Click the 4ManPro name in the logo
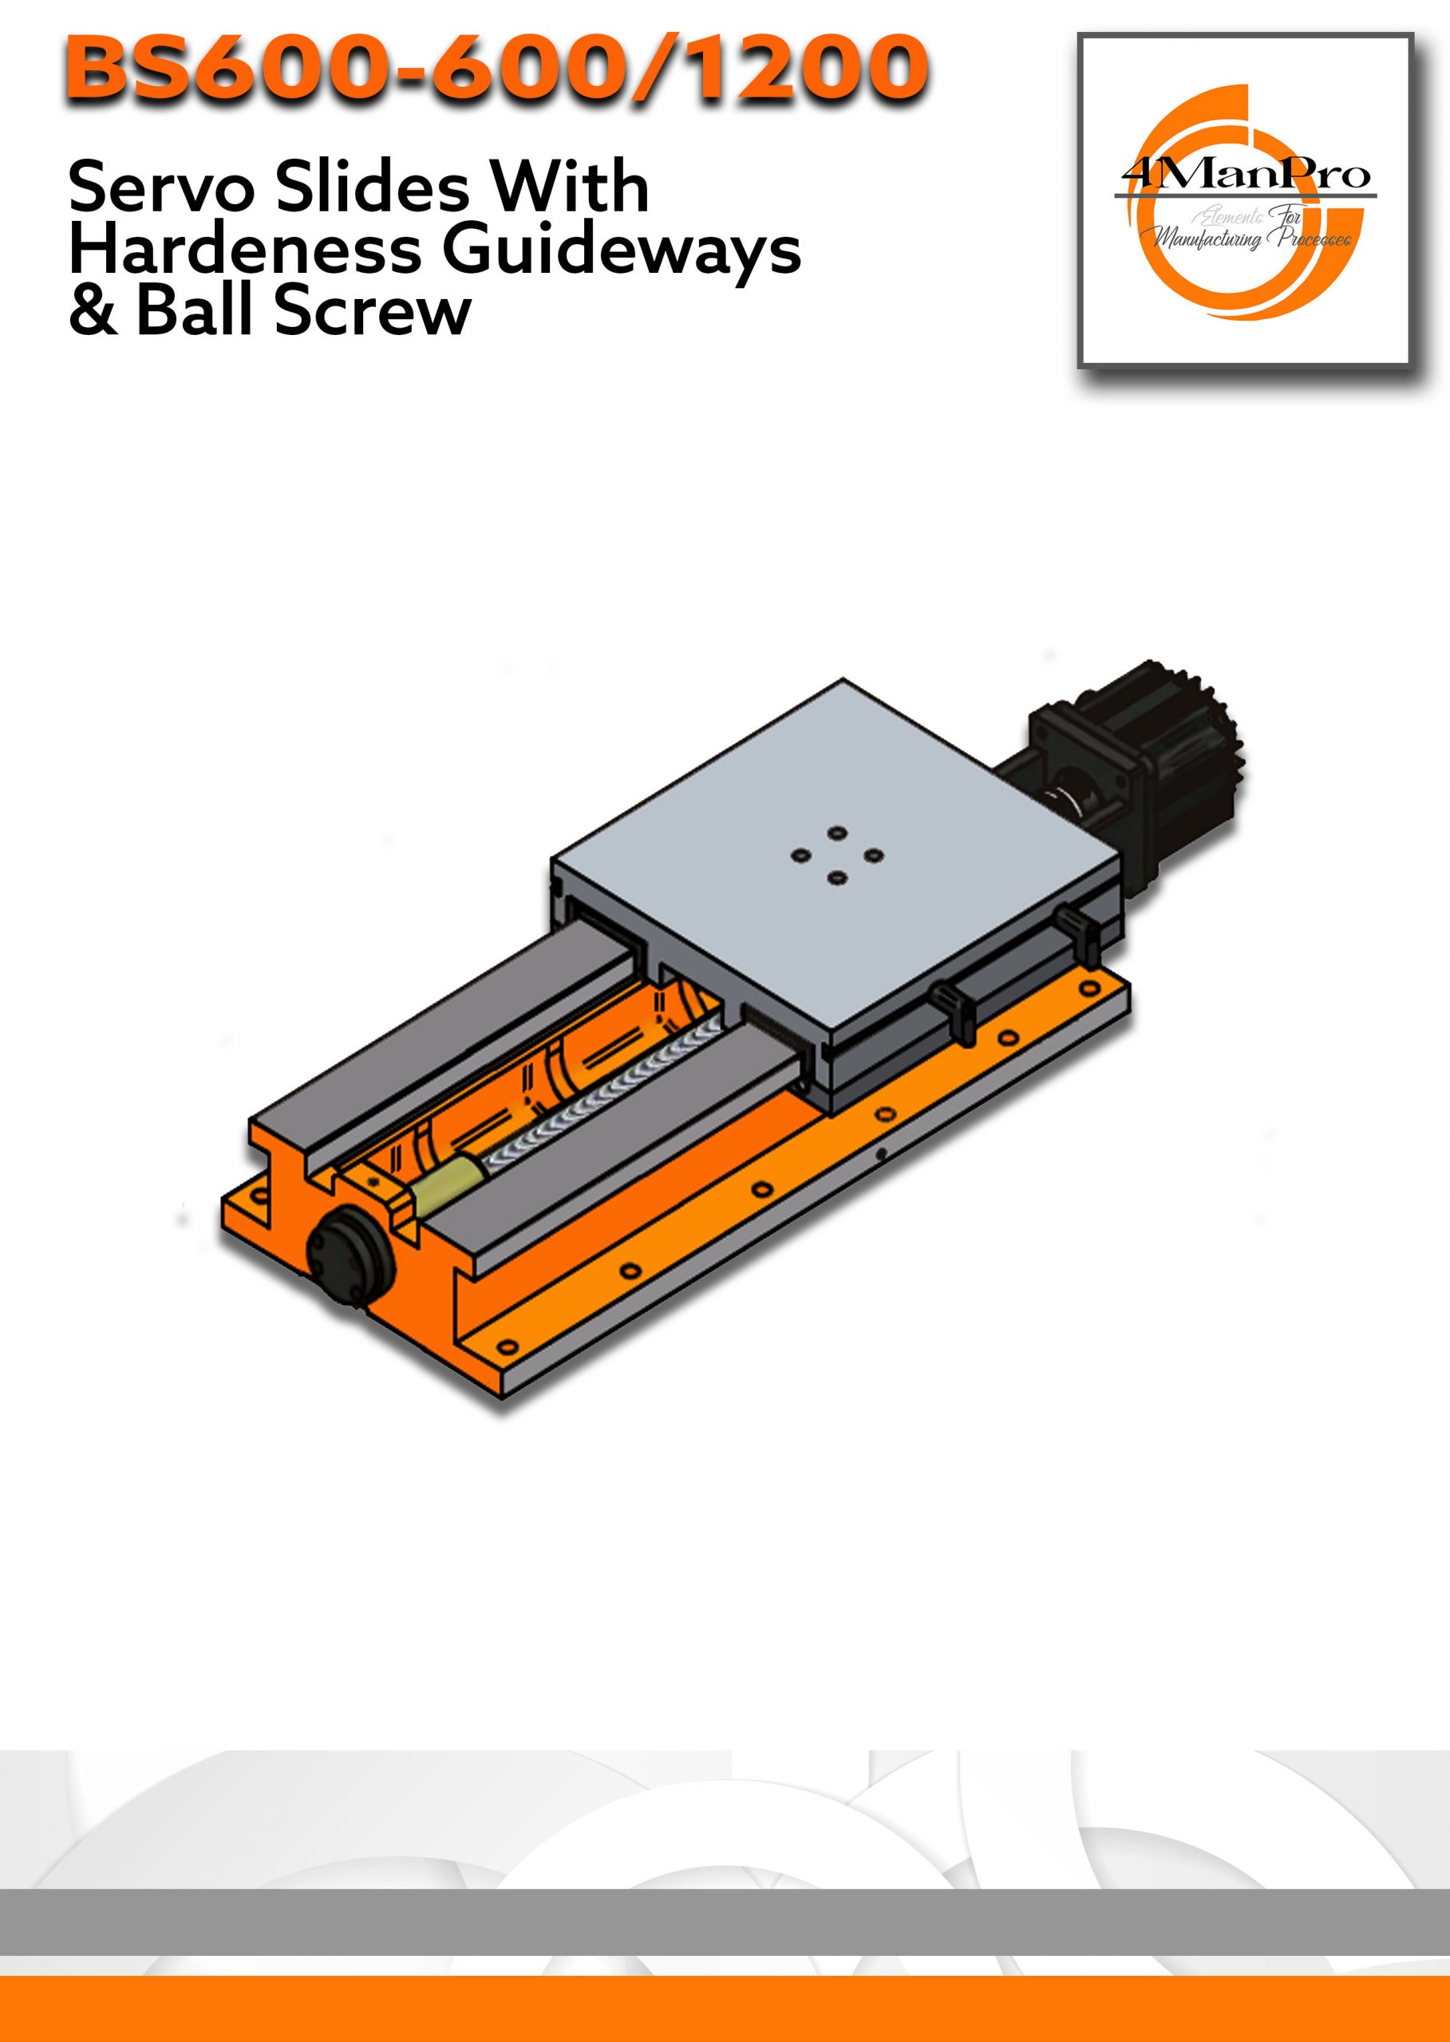coord(1247,174)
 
